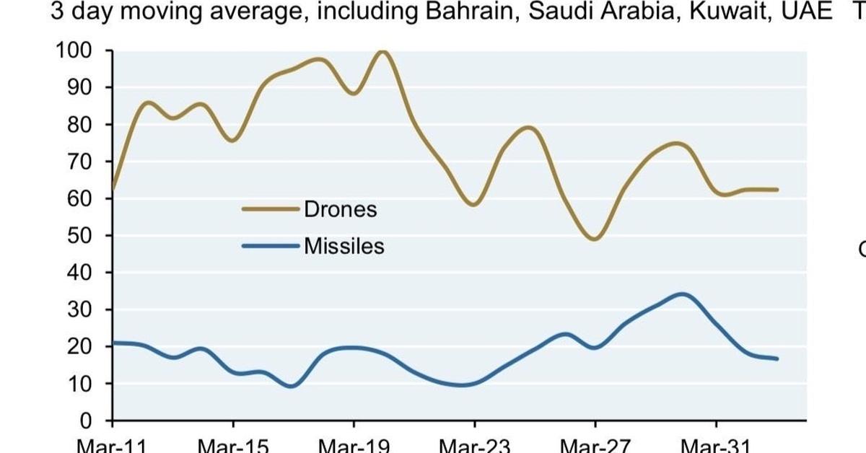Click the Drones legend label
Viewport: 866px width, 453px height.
tap(340, 209)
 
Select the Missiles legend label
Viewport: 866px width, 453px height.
tap(344, 246)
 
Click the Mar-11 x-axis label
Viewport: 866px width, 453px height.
tap(112, 446)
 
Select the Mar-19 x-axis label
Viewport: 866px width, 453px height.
tap(354, 446)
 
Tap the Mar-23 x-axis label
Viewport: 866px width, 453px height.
tap(475, 446)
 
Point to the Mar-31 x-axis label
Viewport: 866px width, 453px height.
tap(716, 446)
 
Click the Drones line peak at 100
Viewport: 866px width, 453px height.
tap(383, 51)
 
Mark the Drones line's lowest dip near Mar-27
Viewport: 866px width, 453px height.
tap(595, 239)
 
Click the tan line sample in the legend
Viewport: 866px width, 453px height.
tap(270, 209)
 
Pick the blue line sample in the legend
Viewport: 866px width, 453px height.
tap(270, 246)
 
